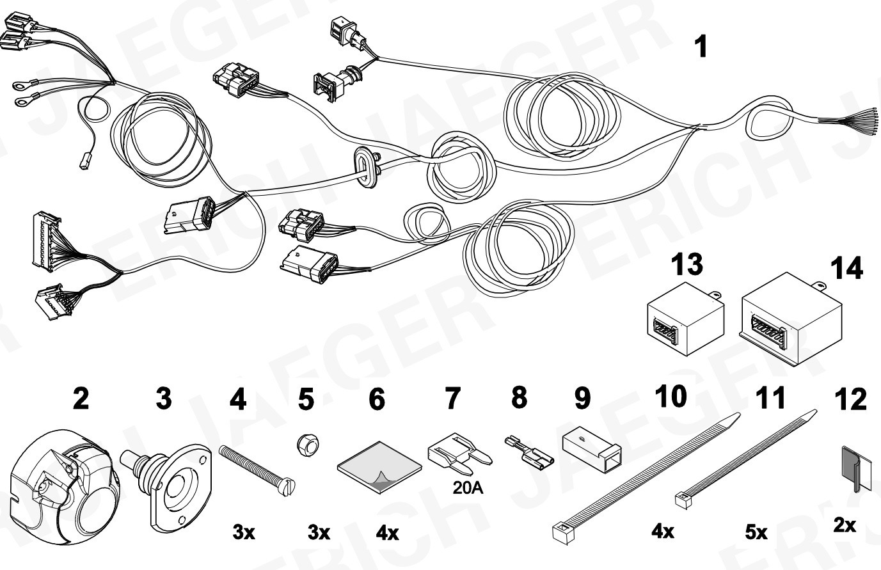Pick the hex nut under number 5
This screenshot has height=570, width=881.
tap(305, 444)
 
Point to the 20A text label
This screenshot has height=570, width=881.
tap(467, 488)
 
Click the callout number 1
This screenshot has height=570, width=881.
tap(701, 47)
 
